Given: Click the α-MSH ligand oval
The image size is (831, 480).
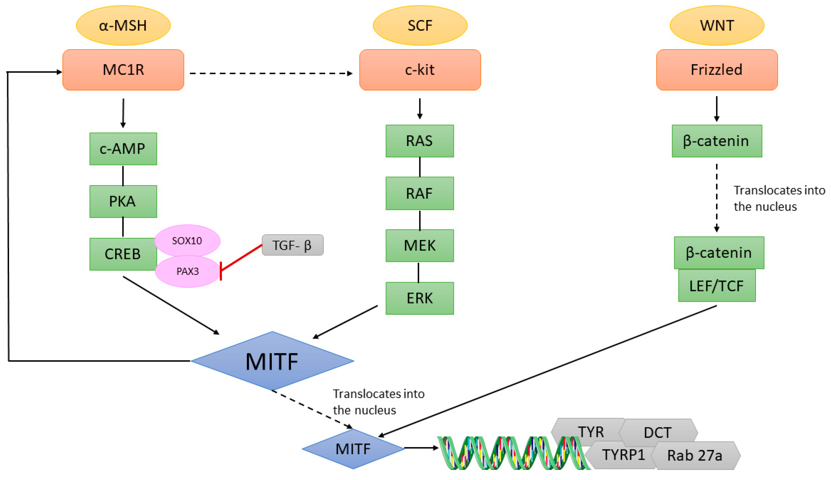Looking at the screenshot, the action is tap(123, 25).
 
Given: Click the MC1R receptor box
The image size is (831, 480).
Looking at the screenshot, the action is tap(123, 70).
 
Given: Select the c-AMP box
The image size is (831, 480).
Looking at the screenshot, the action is tap(123, 149).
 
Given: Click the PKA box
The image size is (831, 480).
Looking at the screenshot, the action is tap(123, 201).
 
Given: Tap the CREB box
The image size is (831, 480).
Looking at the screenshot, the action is tap(123, 254).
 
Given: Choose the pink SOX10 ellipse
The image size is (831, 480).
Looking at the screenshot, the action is tap(187, 241).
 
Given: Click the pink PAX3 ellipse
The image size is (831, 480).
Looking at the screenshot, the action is tap(187, 271).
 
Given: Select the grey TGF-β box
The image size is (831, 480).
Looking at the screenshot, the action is tap(293, 245).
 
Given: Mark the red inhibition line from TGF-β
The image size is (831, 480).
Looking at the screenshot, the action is tap(241, 258).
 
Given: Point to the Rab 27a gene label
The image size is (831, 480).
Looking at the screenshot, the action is tap(695, 456).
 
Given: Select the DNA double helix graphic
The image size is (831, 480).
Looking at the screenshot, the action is tap(513, 453).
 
